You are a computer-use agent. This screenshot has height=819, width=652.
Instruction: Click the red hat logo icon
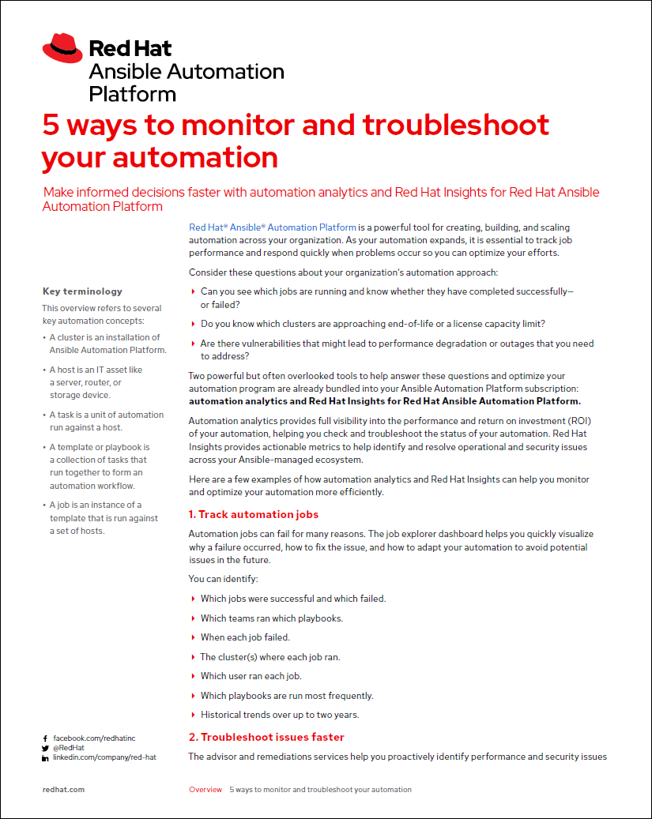point(62,48)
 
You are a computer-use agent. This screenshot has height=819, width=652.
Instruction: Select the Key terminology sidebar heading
point(82,291)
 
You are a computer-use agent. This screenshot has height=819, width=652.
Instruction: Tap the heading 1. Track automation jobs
point(254,514)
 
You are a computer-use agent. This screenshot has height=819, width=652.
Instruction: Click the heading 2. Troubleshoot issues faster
point(266,737)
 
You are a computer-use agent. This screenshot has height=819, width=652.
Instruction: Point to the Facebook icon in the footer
point(45,738)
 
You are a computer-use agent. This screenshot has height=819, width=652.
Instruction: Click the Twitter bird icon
point(45,748)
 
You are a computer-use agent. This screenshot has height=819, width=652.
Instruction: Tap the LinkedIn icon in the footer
point(45,758)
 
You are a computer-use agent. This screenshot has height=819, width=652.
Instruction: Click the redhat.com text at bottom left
point(63,789)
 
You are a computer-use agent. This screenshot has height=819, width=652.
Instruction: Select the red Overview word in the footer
point(205,789)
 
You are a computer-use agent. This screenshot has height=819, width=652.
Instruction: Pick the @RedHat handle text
point(69,748)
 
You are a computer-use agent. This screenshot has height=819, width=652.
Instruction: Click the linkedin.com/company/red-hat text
point(104,757)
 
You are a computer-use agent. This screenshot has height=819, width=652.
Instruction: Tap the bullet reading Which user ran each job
point(251,676)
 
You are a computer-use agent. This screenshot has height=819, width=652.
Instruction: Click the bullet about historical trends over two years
point(280,715)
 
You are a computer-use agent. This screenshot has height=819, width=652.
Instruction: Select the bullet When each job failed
point(245,637)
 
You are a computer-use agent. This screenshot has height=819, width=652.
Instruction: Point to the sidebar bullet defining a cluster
point(107,344)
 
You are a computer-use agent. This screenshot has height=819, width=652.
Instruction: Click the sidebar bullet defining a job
point(103,517)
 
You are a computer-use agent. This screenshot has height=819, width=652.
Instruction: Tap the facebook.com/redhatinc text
point(94,738)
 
